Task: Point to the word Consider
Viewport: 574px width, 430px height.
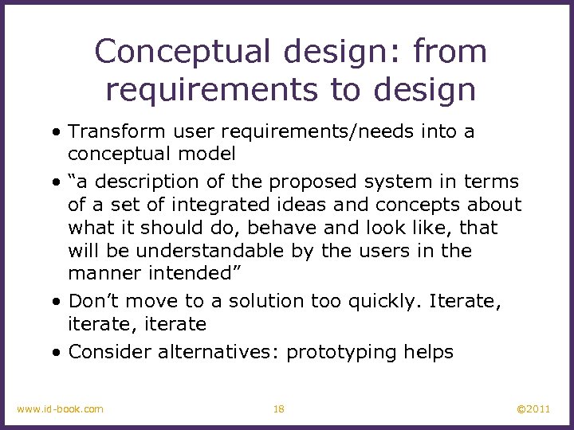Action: pos(110,352)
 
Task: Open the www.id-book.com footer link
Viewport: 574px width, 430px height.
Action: pos(60,409)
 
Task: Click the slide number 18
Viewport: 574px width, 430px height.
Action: pos(278,409)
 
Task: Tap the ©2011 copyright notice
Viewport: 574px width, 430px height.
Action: pos(533,409)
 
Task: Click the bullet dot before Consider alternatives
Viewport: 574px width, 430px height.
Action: pos(59,352)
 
